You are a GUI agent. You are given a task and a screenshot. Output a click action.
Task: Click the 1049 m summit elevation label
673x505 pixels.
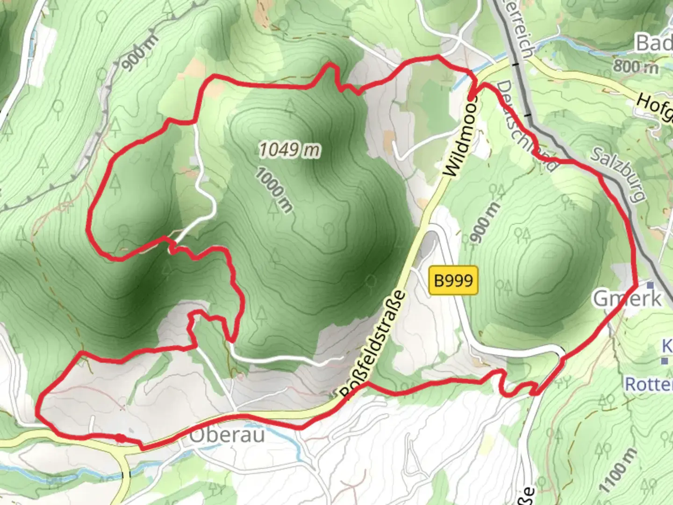290,150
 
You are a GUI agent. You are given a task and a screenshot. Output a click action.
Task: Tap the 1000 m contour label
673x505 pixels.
274,190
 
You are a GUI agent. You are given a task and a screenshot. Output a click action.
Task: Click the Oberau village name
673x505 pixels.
227,435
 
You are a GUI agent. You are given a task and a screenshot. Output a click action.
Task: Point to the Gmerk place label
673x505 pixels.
628,298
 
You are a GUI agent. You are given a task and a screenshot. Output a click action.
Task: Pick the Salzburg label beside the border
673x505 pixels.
618,174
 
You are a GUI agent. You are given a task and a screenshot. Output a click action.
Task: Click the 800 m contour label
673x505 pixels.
636,66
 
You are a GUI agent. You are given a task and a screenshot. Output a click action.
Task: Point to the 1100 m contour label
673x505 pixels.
617,470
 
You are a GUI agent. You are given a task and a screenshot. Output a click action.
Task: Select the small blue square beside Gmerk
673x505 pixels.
650,284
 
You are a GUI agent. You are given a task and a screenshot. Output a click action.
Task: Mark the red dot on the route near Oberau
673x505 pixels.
120,438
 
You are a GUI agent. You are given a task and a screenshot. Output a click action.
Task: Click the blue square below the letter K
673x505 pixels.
664,361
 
